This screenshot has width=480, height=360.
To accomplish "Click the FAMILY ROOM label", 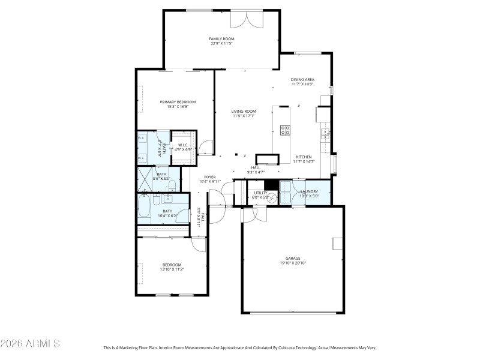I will tap(221, 38).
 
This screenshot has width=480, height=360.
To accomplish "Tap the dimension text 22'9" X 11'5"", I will tap(221, 43).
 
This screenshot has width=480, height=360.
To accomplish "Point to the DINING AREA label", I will tap(302, 79).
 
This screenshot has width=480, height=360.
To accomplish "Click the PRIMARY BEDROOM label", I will tap(178, 102).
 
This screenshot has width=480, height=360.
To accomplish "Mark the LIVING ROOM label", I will tap(244, 111).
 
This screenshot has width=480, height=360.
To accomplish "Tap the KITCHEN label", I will tap(304, 157).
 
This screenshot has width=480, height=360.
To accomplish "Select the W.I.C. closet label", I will tap(184, 144).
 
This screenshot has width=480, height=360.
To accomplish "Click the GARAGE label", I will tap(293, 259).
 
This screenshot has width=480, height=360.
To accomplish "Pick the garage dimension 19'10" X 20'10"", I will tap(293, 263).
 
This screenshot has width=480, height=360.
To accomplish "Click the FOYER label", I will tap(209, 177).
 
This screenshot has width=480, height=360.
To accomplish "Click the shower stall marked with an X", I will tap(145, 178).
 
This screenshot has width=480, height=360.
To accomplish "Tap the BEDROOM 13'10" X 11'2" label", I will tap(172, 265).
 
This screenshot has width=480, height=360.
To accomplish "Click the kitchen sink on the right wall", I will tap(325, 131).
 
